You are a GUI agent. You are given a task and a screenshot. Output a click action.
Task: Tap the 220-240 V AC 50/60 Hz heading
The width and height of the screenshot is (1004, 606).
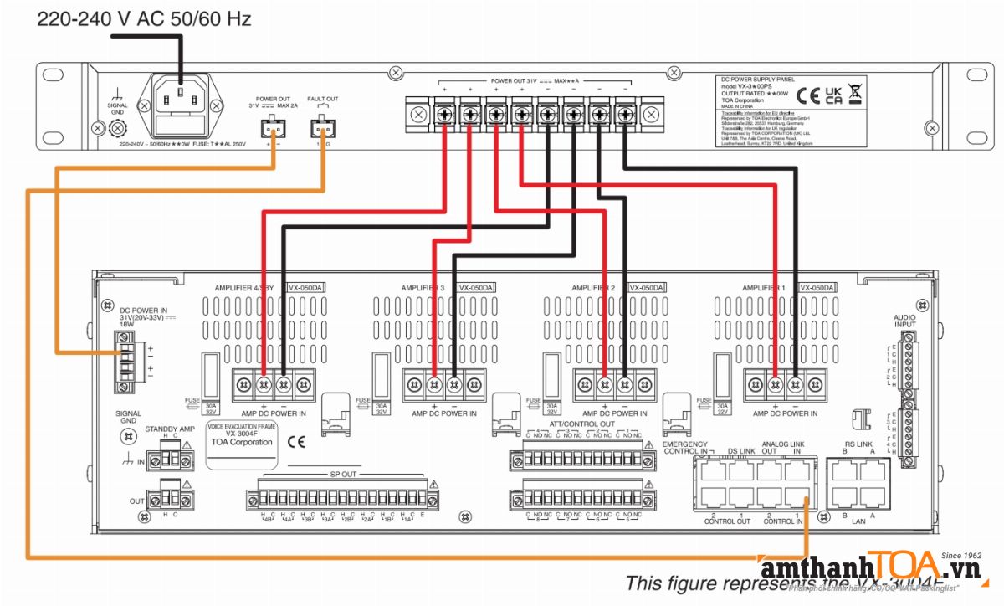click(143, 19)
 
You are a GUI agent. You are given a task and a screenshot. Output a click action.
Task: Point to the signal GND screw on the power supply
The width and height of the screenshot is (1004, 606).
click(118, 128)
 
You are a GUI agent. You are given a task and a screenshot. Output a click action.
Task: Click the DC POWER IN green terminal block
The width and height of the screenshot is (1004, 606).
click(125, 360)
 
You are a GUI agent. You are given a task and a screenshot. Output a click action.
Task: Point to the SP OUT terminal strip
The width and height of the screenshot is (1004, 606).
click(341, 500)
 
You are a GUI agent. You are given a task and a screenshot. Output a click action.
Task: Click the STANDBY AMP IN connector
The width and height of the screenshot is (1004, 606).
click(170, 459)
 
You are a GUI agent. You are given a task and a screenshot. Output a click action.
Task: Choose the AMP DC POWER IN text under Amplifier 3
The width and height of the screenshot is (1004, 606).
click(443, 413)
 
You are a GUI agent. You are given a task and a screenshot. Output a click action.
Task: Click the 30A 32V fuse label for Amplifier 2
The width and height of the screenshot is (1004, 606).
click(551, 408)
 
